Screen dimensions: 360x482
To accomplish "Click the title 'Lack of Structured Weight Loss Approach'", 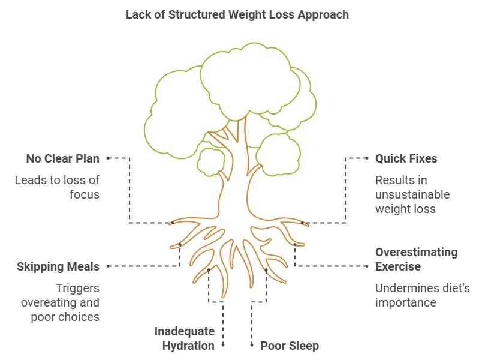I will [237, 14].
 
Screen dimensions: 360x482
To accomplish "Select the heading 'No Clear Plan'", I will [62, 159].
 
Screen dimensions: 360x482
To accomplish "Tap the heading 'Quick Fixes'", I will [406, 159].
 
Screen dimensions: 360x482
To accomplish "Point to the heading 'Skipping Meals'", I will [58, 266].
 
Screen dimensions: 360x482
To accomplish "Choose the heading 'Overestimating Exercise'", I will [416, 259].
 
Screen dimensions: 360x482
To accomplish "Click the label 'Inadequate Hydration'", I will [184, 338].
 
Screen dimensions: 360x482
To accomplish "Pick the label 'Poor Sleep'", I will [289, 346].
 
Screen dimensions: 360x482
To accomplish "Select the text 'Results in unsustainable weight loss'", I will [412, 194].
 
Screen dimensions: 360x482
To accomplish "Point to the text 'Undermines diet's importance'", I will [422, 295].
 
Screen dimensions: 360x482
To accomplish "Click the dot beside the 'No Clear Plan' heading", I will [108, 158].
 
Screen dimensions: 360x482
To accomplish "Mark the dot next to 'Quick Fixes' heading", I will [367, 158].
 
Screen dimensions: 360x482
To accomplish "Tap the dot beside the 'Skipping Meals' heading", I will [108, 266].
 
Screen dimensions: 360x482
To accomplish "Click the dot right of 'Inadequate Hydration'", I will [223, 345].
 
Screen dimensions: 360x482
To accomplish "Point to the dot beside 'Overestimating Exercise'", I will [367, 266].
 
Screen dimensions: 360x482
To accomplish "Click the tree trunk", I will [234, 174].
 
